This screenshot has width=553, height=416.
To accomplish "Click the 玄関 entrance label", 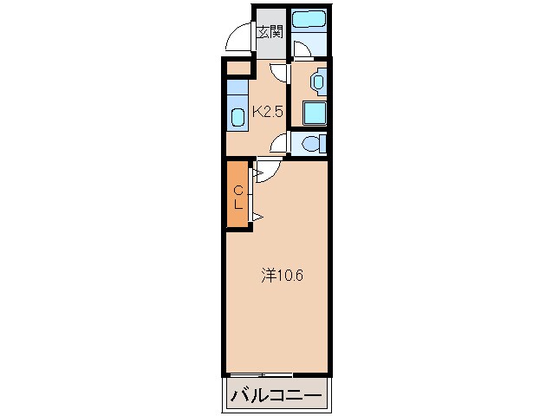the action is (x=270, y=32).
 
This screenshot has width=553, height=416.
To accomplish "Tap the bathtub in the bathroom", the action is (x=309, y=19).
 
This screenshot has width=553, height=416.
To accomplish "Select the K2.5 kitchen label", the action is (x=268, y=112).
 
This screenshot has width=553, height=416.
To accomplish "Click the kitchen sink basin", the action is (x=238, y=118).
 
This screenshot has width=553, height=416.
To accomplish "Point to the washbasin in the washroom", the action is (x=318, y=81).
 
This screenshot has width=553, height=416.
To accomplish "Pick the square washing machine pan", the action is (x=315, y=113).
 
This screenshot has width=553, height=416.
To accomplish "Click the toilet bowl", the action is (x=310, y=144).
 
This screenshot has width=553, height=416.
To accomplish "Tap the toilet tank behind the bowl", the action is (x=322, y=144).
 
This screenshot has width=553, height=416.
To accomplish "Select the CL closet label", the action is (x=238, y=198).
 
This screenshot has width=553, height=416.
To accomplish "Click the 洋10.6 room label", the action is (x=283, y=276).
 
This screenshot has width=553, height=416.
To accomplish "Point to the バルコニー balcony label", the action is (x=276, y=395).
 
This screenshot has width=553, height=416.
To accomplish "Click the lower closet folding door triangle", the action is (x=258, y=217).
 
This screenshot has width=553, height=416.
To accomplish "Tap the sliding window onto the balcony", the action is (x=260, y=374).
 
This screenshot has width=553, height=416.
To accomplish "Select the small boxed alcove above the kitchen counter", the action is (x=237, y=68).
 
